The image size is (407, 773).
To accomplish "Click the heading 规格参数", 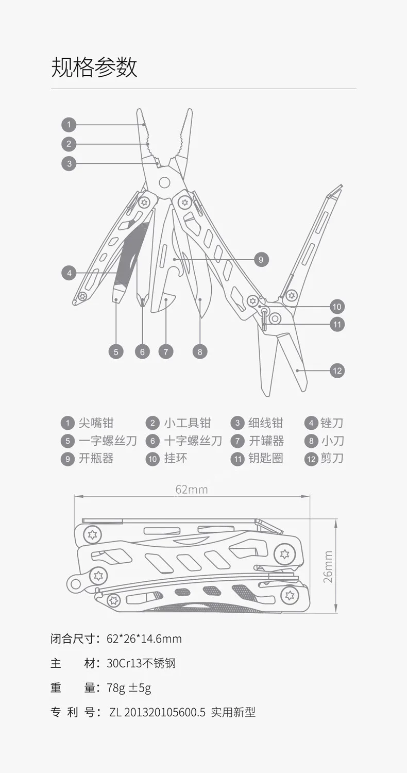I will [94, 68].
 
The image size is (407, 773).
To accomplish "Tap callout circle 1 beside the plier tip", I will [69, 125].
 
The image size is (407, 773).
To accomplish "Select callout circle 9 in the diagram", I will [261, 259].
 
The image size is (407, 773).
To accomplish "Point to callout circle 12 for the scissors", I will [337, 371].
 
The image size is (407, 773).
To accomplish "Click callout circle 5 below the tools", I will [116, 352].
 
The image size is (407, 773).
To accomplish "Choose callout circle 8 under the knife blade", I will [200, 352].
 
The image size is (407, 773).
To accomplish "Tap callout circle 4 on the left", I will [69, 273].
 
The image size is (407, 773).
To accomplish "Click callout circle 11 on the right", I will [337, 325].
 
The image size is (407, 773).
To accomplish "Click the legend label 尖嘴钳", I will [96, 423].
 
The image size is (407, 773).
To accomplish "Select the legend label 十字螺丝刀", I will [193, 441].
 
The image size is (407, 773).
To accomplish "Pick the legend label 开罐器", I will [266, 441].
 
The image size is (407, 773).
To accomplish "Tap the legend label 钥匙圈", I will [266, 458].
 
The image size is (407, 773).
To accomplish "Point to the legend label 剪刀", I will [332, 458].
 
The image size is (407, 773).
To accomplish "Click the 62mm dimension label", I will [192, 489].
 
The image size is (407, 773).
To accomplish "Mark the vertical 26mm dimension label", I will [328, 566].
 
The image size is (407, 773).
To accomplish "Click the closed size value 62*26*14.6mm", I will [144, 639].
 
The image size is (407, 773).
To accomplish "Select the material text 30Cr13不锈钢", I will [141, 663].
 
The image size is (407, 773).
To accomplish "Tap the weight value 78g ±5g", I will [129, 688].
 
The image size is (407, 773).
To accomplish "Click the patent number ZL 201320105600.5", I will [158, 713].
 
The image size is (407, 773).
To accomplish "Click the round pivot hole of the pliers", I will [164, 182].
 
